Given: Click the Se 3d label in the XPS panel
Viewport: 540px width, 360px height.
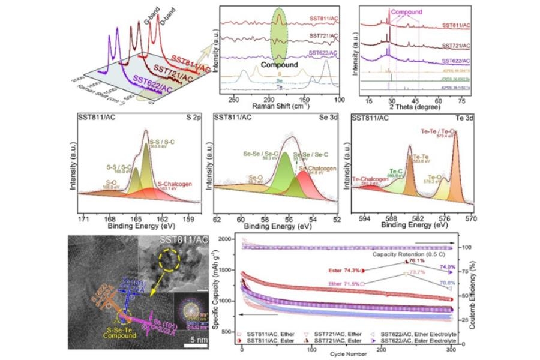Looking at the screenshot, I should coord(327,116).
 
